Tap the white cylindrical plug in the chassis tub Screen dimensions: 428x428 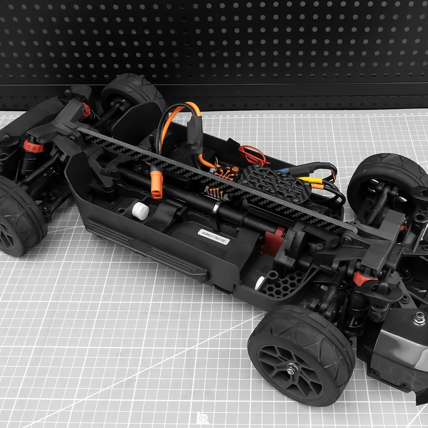(140, 211)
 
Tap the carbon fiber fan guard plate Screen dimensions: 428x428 (274, 183)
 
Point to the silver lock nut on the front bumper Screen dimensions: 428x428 (419, 318)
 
